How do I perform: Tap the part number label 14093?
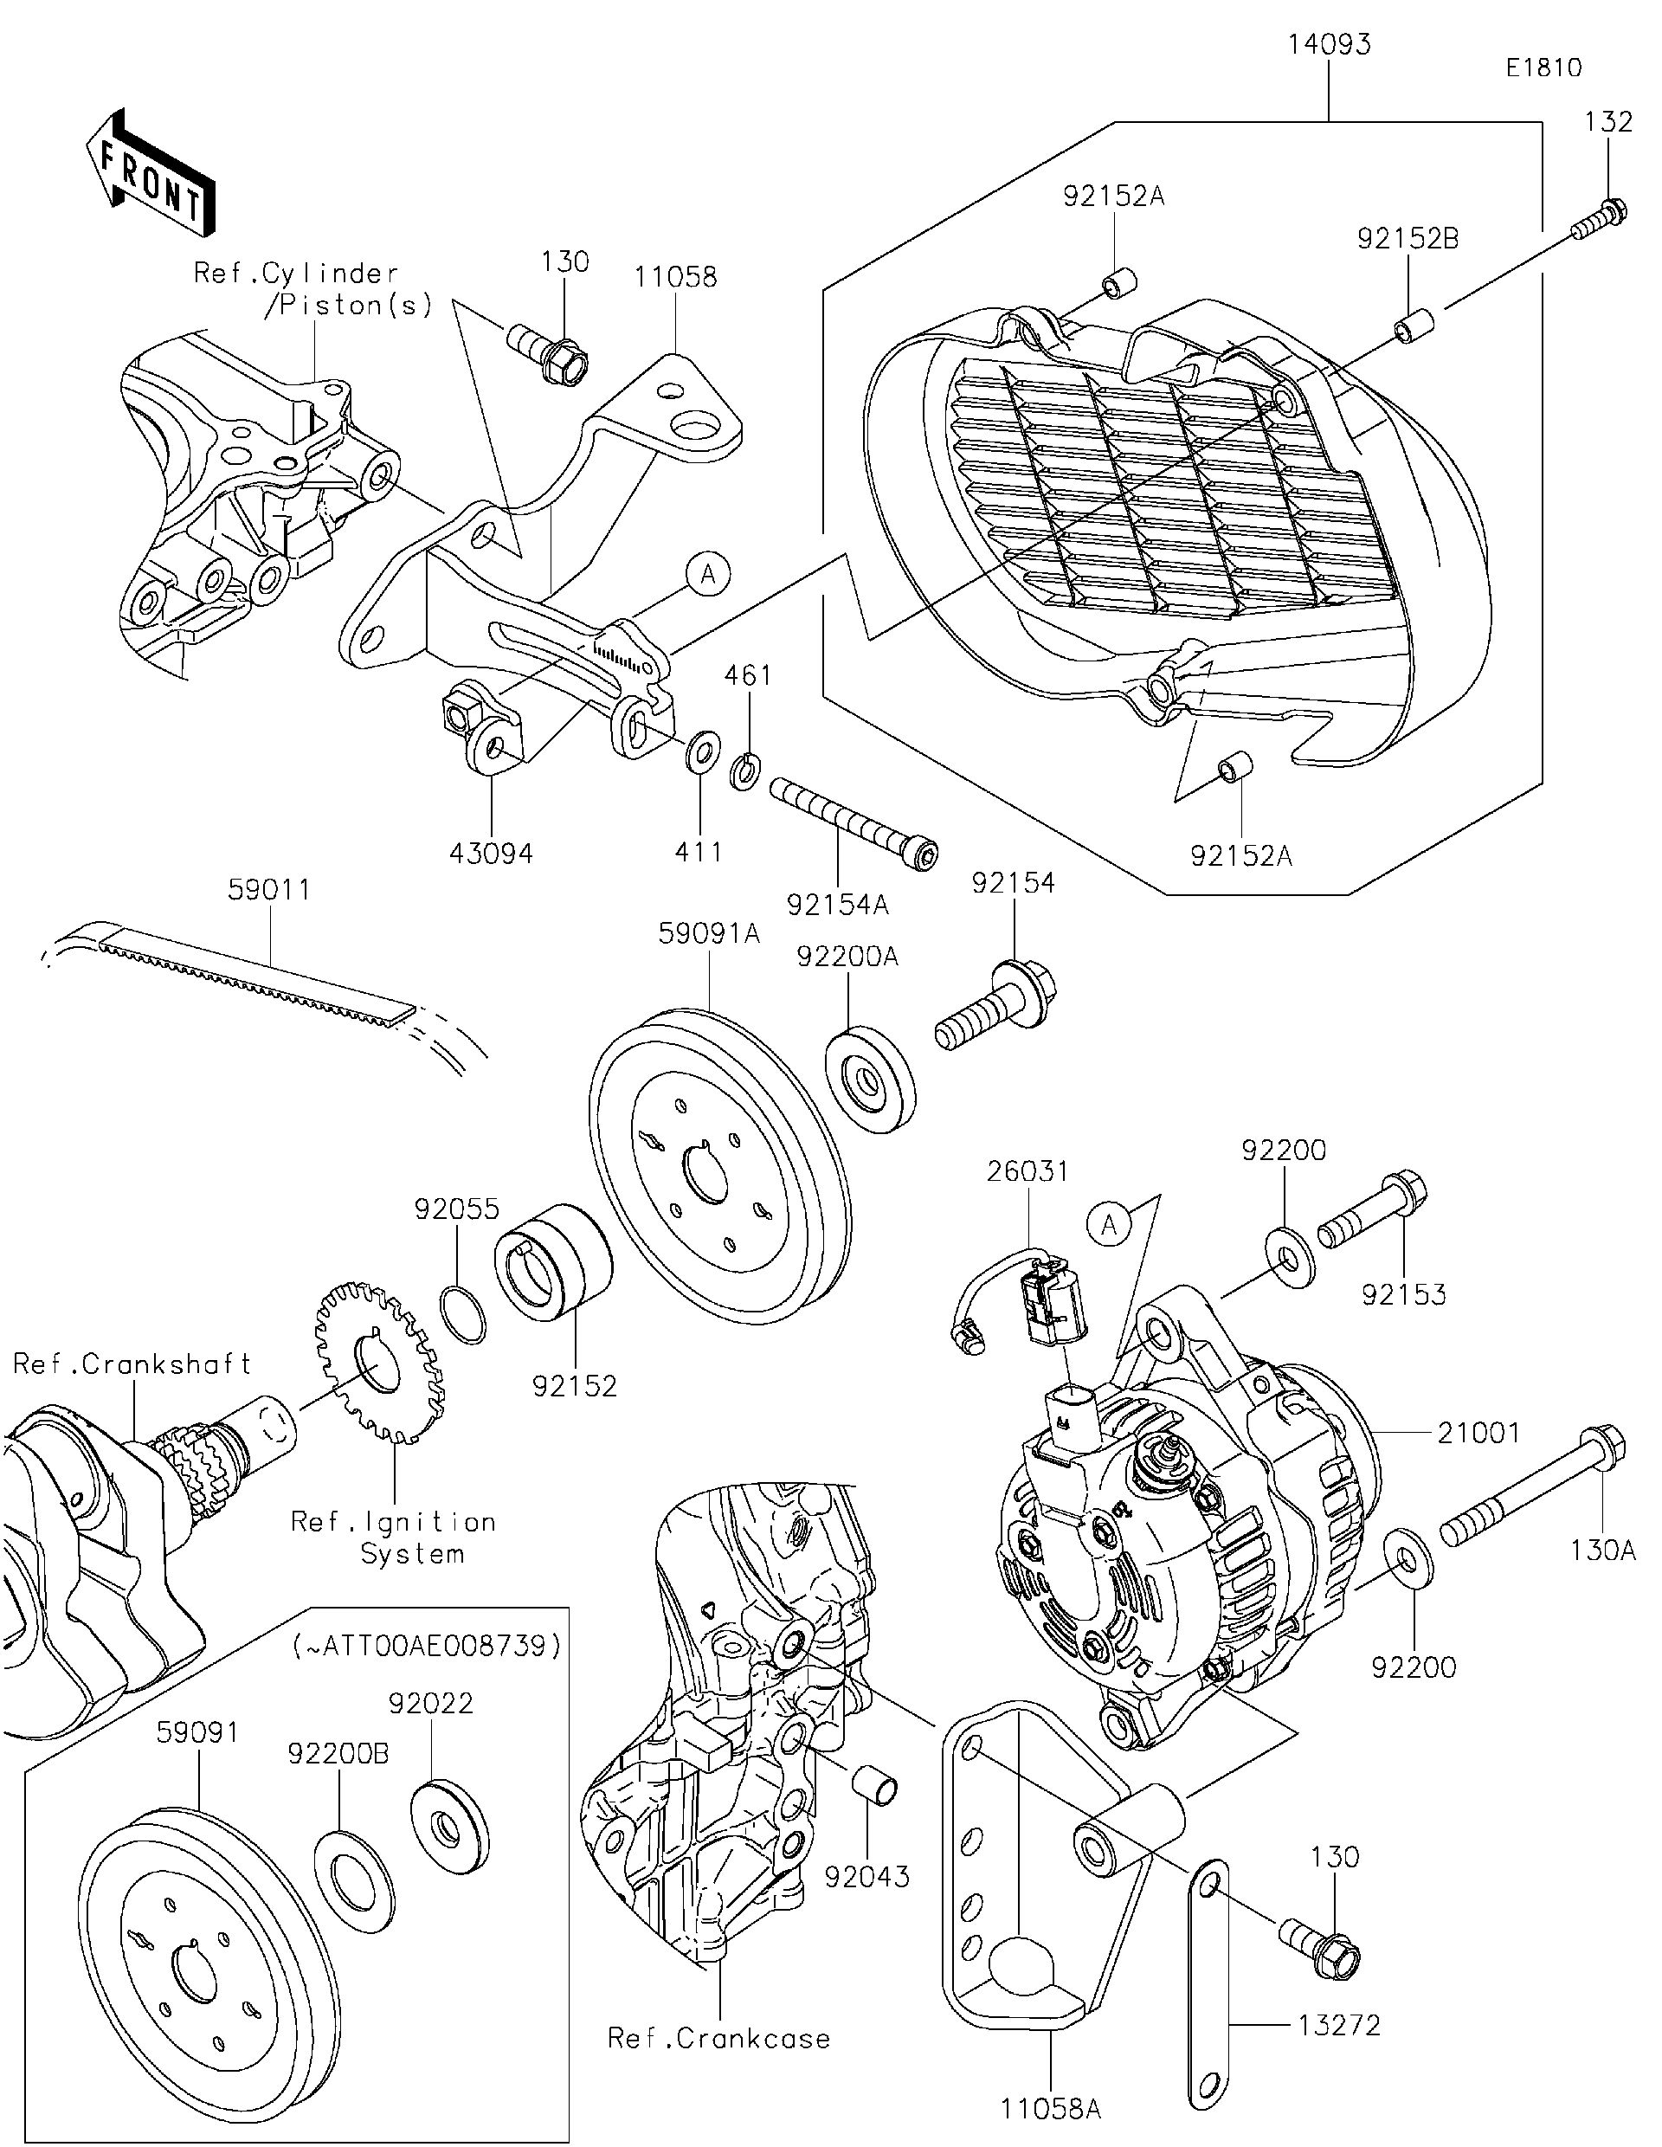(1329, 45)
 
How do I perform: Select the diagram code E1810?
(1544, 68)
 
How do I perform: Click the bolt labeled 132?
(1594, 221)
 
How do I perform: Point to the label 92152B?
(1408, 239)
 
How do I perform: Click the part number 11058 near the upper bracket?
(675, 277)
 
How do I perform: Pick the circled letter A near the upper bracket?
(709, 574)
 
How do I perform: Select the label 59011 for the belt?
(268, 890)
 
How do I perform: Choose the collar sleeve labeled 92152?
(552, 1264)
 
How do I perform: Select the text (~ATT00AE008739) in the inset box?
(427, 1646)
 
